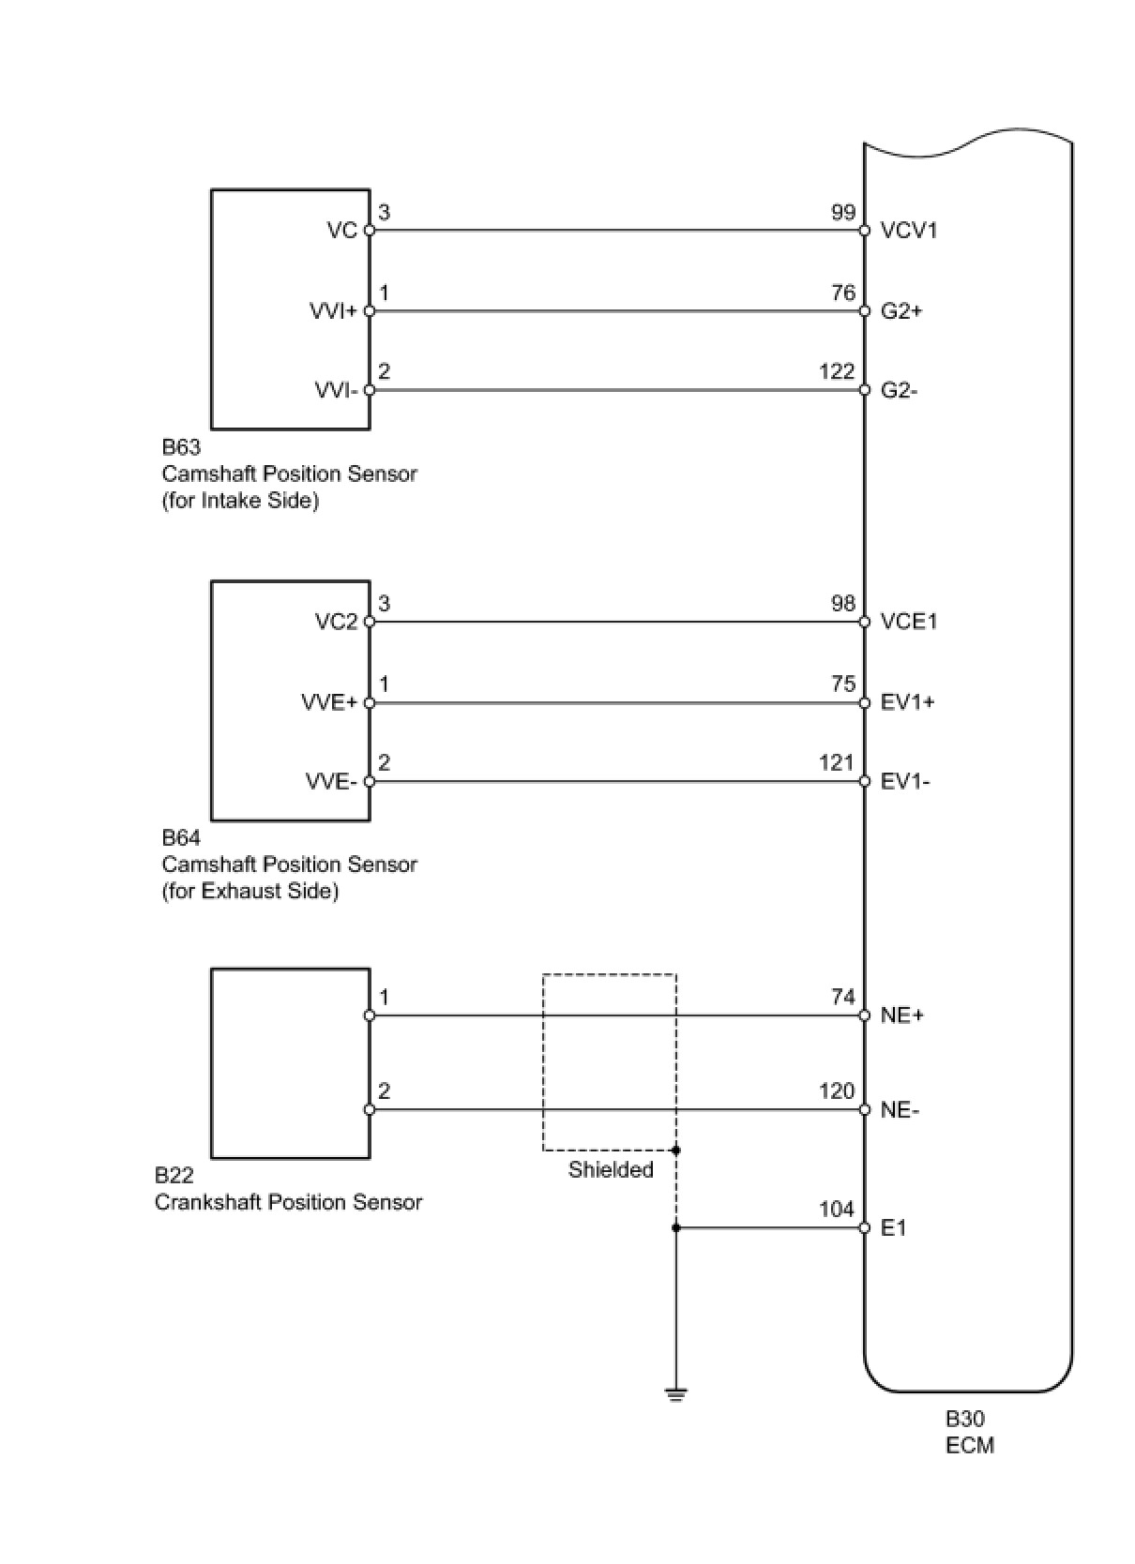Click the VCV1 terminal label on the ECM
coord(908,231)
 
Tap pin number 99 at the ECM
coord(842,213)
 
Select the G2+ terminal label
coord(901,311)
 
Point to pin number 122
coord(837,372)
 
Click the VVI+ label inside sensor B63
coord(333,311)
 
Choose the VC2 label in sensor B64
coord(336,622)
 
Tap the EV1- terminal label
coord(905,782)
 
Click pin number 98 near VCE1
coord(842,604)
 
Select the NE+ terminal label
coord(901,1016)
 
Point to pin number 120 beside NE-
coord(837,1091)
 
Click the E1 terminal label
coord(893,1228)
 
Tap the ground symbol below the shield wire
coord(675,1393)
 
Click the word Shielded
coord(611,1170)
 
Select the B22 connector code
coord(174,1176)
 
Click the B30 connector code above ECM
coord(964,1420)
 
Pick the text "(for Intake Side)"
coord(240,501)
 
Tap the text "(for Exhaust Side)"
coord(250,891)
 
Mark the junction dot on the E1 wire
coord(675,1228)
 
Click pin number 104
coord(837,1210)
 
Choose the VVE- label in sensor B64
coord(331,782)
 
